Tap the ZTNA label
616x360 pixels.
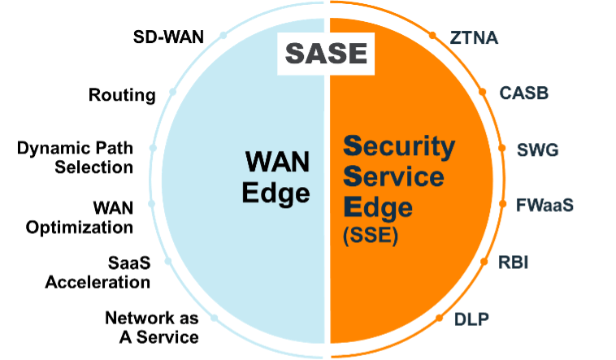click(475, 37)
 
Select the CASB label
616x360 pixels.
click(524, 93)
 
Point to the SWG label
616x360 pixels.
click(539, 150)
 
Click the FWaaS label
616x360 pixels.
click(545, 205)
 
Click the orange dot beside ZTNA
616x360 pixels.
click(431, 37)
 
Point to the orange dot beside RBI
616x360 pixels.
click(486, 261)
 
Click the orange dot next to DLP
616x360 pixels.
click(440, 317)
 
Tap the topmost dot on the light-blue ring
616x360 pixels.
click(223, 37)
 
